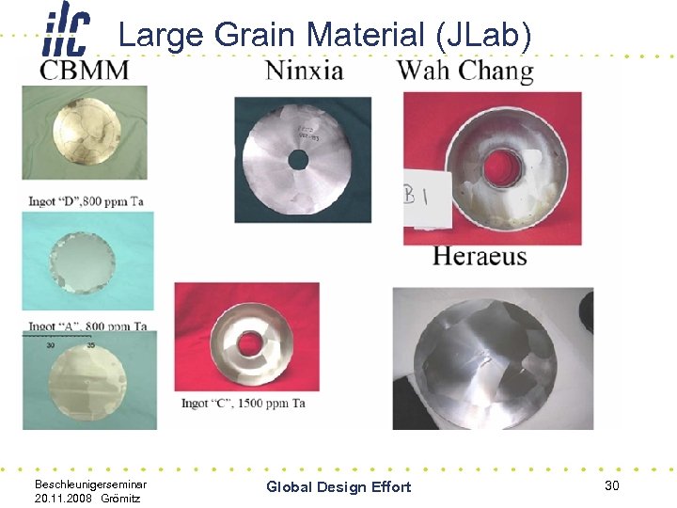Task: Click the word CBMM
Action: click(x=85, y=71)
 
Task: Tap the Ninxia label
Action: click(x=304, y=71)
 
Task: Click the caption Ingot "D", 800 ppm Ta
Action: click(x=86, y=200)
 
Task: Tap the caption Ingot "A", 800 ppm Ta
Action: click(x=86, y=326)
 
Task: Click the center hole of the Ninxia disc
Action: click(x=297, y=161)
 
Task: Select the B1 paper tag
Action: click(x=417, y=198)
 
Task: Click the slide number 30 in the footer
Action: click(x=612, y=484)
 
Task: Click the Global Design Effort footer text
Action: click(x=338, y=486)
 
